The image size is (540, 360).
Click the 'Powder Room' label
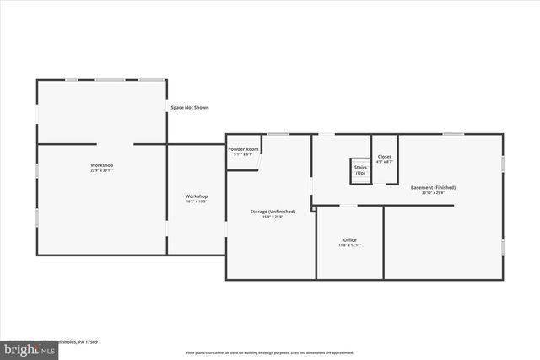(243, 149)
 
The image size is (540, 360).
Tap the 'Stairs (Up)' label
(360, 170)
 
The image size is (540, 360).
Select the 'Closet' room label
(385, 156)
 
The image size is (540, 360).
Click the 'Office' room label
(349, 240)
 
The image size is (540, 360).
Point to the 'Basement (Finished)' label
(433, 187)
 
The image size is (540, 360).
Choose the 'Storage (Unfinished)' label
(273, 211)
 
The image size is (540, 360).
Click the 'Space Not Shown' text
(190, 108)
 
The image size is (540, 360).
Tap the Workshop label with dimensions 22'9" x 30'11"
(102, 165)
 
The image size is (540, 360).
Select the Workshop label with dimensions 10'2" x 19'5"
(197, 196)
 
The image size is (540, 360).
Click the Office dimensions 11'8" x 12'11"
(349, 246)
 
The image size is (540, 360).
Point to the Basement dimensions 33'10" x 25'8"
(433, 193)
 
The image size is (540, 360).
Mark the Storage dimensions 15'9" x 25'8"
(273, 217)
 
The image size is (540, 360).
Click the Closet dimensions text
(385, 162)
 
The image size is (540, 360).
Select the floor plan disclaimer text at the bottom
(270, 352)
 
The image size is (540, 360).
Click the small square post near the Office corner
(313, 207)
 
